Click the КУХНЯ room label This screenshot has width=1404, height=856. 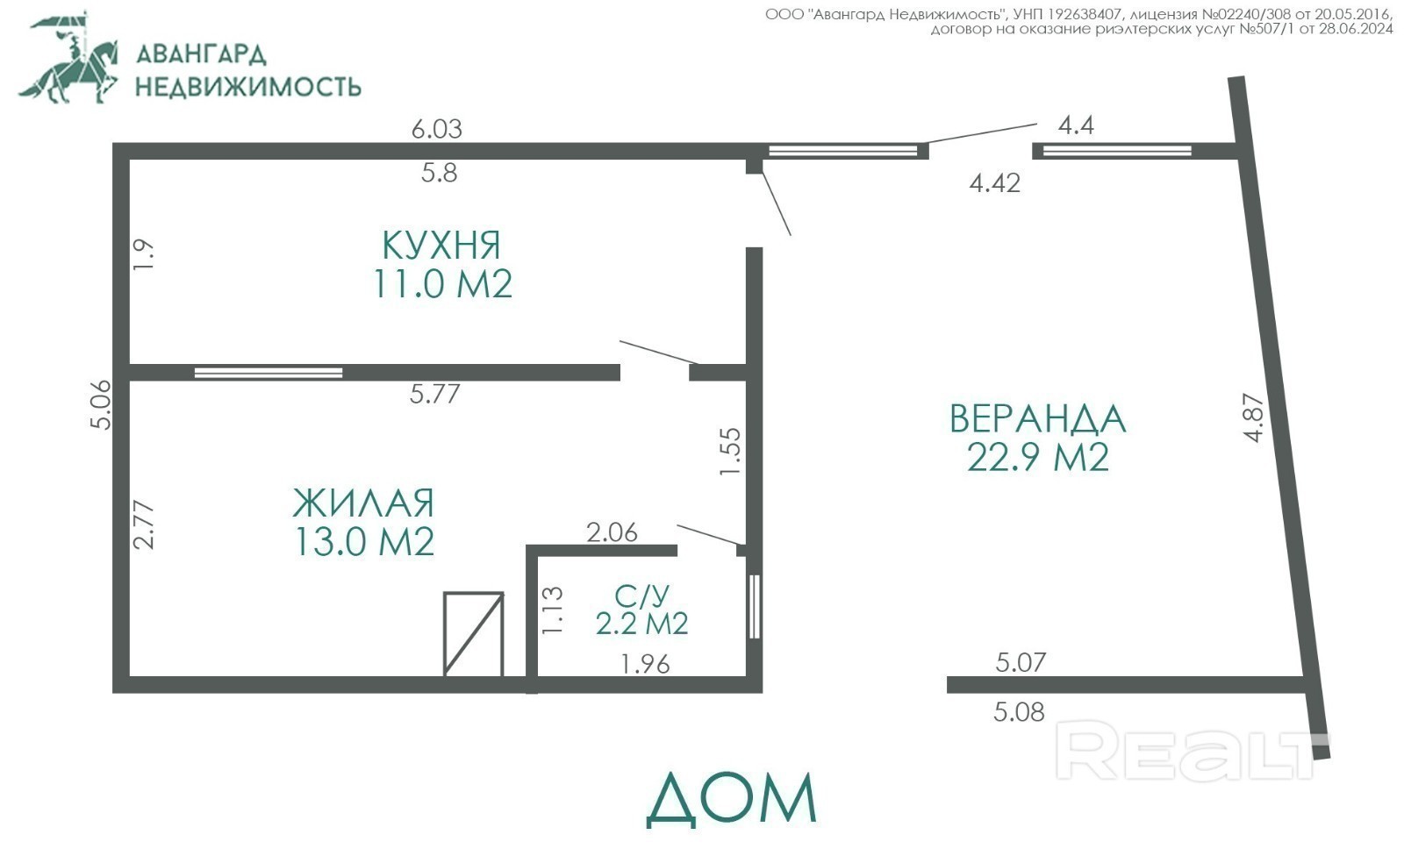coord(441,245)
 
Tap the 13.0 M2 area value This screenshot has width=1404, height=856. coord(363,541)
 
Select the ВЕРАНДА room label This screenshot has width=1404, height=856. coord(1038,418)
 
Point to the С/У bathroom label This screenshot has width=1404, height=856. coord(641,596)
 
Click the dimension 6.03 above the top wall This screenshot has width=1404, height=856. coord(437,129)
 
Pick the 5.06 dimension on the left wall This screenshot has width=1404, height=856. coord(101,405)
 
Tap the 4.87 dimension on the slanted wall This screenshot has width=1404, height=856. coord(1254,418)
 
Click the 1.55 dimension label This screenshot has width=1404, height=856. coord(730,451)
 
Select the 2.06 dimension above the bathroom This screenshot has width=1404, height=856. coord(612,532)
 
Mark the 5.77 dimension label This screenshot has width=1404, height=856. coord(435,394)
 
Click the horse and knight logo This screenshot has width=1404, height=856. coord(68,58)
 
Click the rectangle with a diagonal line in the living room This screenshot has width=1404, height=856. coord(473,633)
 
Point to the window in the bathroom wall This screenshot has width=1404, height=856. coord(755,607)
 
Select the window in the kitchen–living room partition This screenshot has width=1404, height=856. coord(269,373)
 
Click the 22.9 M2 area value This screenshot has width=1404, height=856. coord(1038,457)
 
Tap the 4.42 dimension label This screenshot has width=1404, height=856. coord(995,183)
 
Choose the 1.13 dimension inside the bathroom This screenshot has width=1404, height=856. coord(553,610)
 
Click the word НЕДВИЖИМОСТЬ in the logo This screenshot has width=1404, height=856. coord(248,87)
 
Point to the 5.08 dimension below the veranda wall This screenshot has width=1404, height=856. coord(1019,712)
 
